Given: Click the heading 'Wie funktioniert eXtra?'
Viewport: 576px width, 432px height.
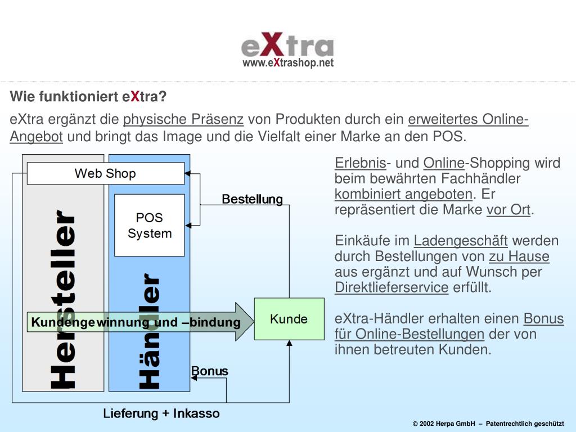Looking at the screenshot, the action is pyautogui.click(x=88, y=97).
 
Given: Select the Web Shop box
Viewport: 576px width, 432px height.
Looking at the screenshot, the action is pyautogui.click(x=105, y=173).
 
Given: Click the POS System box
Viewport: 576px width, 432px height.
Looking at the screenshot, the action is pyautogui.click(x=149, y=225).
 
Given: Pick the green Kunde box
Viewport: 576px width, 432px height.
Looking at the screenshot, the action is pyautogui.click(x=289, y=319).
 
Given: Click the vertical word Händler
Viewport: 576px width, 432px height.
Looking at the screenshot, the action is pyautogui.click(x=149, y=332).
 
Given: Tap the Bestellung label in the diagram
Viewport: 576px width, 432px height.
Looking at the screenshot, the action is pyautogui.click(x=252, y=199).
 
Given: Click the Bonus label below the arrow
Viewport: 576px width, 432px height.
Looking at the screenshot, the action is pyautogui.click(x=210, y=371).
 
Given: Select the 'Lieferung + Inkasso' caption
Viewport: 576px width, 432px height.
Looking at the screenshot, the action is pyautogui.click(x=161, y=413).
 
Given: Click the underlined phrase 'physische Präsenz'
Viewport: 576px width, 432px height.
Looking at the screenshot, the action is pyautogui.click(x=183, y=119).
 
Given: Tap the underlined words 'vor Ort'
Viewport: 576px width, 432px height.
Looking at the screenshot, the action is pyautogui.click(x=508, y=210).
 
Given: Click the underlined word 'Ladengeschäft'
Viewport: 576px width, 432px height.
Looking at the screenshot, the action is pyautogui.click(x=461, y=241).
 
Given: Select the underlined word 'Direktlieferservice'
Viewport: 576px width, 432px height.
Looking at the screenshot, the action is pyautogui.click(x=391, y=288).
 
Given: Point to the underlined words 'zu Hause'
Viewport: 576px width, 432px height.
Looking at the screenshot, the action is pyautogui.click(x=519, y=257).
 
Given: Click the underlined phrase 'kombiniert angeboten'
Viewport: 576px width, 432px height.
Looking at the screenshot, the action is pyautogui.click(x=403, y=195).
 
